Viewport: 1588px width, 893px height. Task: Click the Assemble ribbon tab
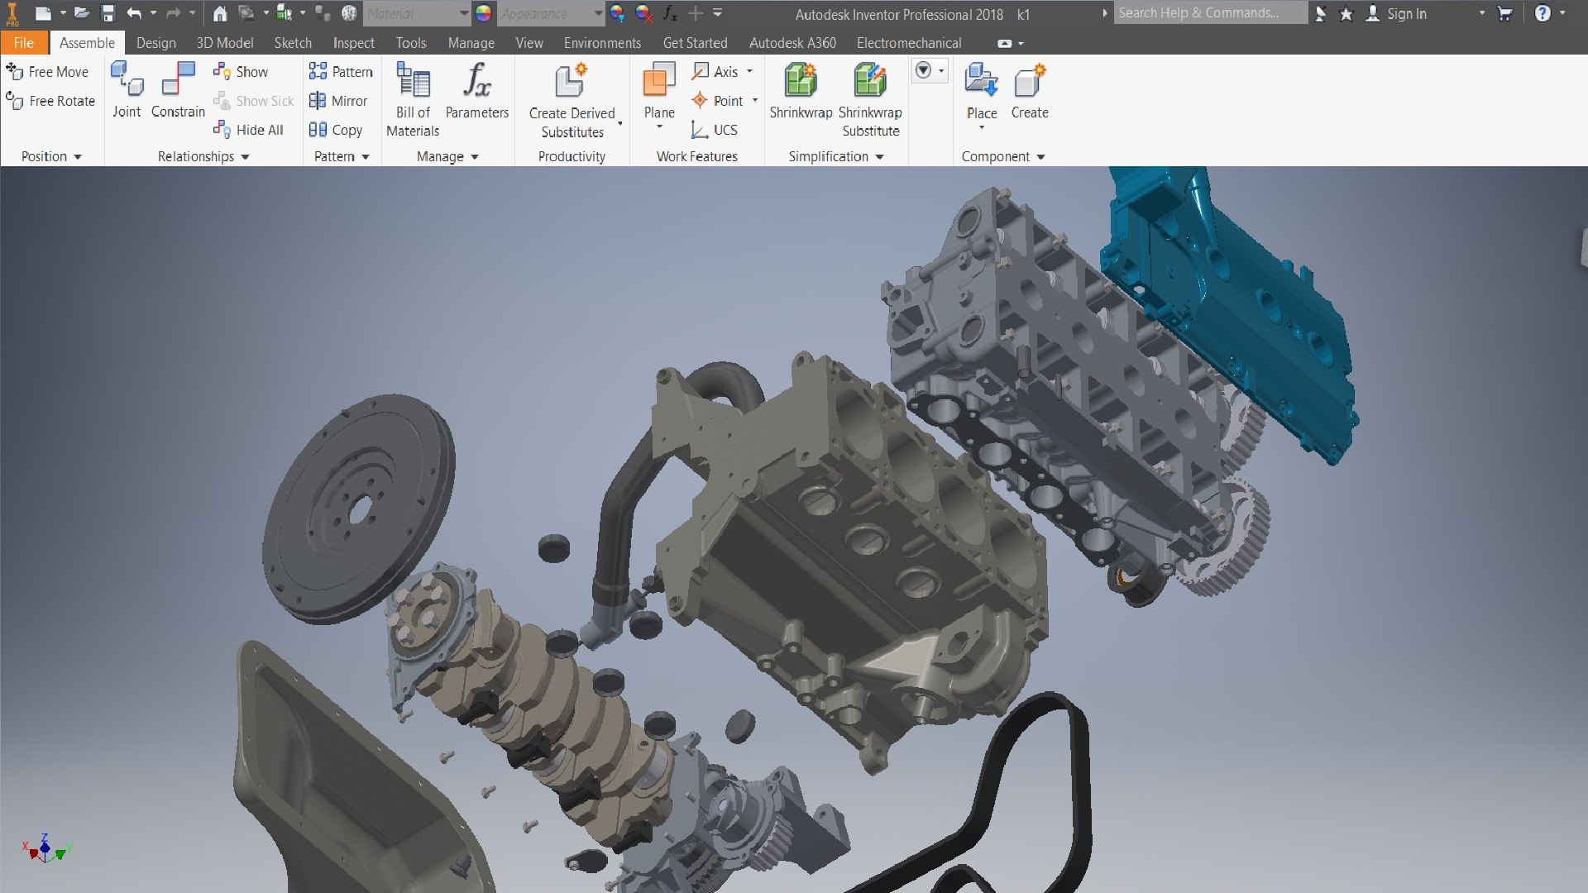[87, 43]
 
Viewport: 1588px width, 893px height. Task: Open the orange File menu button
[23, 43]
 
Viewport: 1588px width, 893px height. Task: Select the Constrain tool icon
[178, 81]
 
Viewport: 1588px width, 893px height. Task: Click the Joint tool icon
[127, 81]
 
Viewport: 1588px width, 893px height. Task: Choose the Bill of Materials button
[413, 81]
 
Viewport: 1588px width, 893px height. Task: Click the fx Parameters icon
[476, 81]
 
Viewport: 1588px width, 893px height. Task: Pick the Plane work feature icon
[659, 81]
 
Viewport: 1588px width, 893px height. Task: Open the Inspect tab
[353, 43]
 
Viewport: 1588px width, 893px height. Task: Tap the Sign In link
[1405, 14]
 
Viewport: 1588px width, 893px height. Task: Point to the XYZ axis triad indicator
[45, 849]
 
